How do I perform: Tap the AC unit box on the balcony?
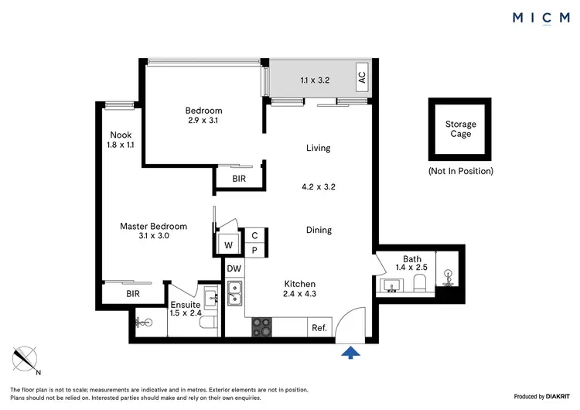361,78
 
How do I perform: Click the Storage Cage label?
460,129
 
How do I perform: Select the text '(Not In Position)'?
460,171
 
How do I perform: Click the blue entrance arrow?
352,353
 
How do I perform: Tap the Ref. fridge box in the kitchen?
319,327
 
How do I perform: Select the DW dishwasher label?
234,268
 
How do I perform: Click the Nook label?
121,135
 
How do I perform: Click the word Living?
318,148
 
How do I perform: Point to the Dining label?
318,230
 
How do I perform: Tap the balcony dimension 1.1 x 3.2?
315,79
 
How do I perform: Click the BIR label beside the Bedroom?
240,179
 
